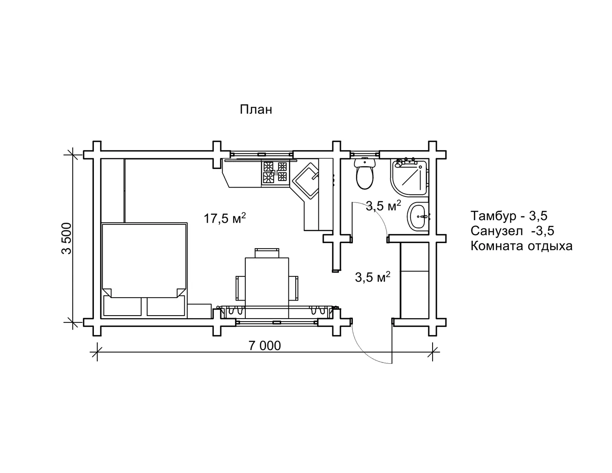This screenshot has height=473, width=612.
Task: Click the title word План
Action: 256,110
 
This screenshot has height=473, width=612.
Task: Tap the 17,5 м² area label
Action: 225,218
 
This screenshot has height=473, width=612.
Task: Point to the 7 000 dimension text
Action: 264,346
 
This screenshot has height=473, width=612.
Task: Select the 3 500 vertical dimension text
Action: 67,238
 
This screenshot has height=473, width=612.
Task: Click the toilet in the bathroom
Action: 365,174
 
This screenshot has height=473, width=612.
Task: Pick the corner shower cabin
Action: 409,177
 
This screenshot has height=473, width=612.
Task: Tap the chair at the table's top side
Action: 267,253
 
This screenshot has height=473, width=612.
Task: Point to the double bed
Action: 144,270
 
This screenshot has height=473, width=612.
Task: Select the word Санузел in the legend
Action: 497,231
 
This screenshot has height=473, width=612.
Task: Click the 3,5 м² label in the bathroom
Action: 383,206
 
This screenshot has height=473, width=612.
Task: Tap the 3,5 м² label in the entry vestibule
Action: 372,277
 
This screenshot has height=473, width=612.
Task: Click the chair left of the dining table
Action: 241,288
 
